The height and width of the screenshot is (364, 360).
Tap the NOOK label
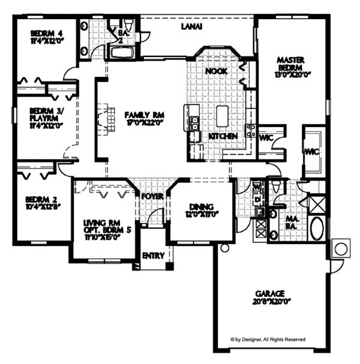pyautogui.click(x=215, y=71)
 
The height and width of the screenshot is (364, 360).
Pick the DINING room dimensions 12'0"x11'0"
pyautogui.click(x=199, y=213)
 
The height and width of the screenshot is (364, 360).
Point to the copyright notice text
pyautogui.click(x=268, y=339)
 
